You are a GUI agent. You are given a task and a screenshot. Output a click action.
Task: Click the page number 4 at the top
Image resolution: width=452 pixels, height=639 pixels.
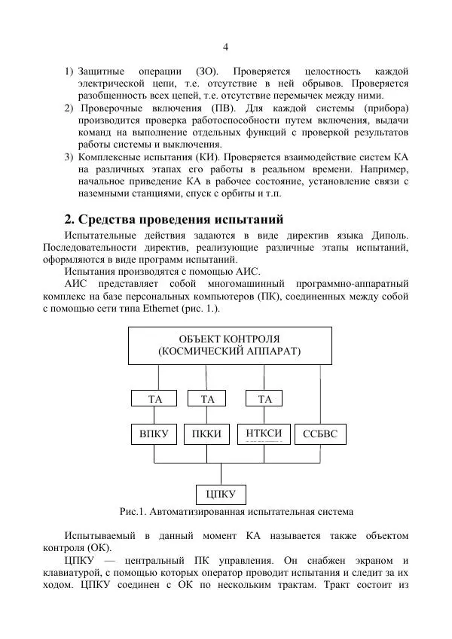[225, 47]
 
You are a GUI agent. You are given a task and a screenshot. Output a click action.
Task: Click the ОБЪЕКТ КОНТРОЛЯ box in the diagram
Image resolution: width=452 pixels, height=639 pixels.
[229, 345]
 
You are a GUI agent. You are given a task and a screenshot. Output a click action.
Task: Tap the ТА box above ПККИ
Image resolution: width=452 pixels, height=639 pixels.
[207, 399]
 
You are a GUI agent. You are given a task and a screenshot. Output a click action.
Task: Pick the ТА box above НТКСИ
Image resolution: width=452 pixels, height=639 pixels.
[264, 399]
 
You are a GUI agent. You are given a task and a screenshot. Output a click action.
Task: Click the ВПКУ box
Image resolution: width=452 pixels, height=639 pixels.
[154, 434]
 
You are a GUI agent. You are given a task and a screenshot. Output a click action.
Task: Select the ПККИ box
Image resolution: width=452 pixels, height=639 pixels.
[207, 434]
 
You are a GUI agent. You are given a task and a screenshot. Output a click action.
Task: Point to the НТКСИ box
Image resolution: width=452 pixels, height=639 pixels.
[264, 434]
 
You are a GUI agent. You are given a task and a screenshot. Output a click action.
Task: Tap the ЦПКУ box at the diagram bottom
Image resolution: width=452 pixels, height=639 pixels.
[221, 494]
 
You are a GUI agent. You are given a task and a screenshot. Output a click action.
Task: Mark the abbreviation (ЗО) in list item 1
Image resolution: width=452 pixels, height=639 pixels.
[208, 71]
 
